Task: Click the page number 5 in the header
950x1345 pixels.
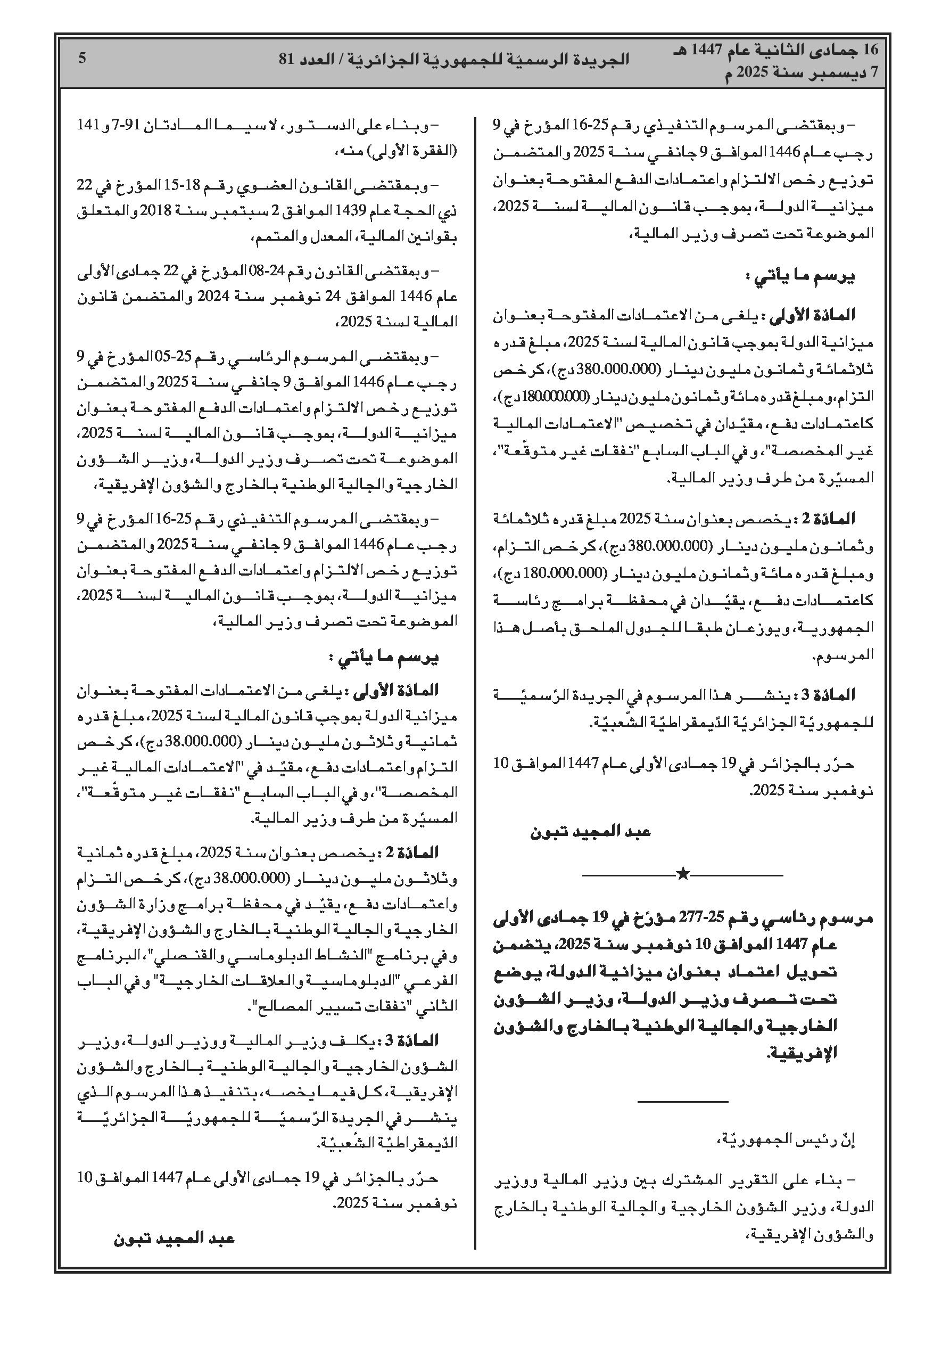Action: (82, 58)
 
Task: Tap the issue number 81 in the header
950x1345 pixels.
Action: (286, 59)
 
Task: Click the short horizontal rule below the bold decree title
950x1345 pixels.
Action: (682, 1103)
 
